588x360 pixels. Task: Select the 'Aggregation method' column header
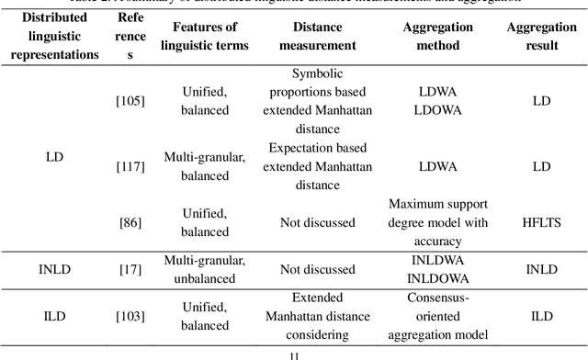pos(437,36)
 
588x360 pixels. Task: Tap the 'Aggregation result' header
pos(541,36)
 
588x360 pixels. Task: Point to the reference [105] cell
pos(130,100)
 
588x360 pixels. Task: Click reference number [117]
pos(130,166)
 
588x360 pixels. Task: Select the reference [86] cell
pos(130,223)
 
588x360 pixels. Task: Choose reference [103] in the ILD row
pos(130,317)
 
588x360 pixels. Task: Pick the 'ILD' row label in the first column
pos(54,317)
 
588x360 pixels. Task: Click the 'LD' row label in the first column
pos(54,157)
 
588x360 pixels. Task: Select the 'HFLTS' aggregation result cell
pos(541,223)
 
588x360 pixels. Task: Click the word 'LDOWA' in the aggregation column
pos(437,108)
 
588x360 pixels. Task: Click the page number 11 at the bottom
pos(294,354)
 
